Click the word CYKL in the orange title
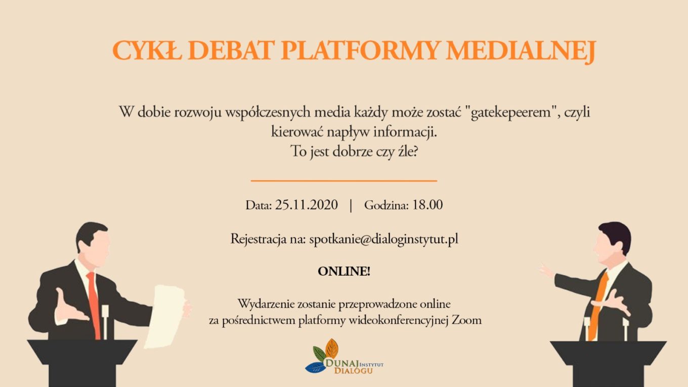[147, 50]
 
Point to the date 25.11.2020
[306, 205]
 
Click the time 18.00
[427, 205]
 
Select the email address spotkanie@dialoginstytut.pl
[383, 239]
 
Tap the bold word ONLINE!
[344, 272]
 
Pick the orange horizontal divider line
[343, 181]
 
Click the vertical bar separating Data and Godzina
[351, 205]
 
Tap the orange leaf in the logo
[332, 348]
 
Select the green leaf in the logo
[319, 354]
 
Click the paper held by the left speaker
[166, 316]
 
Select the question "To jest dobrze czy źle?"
[354, 152]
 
